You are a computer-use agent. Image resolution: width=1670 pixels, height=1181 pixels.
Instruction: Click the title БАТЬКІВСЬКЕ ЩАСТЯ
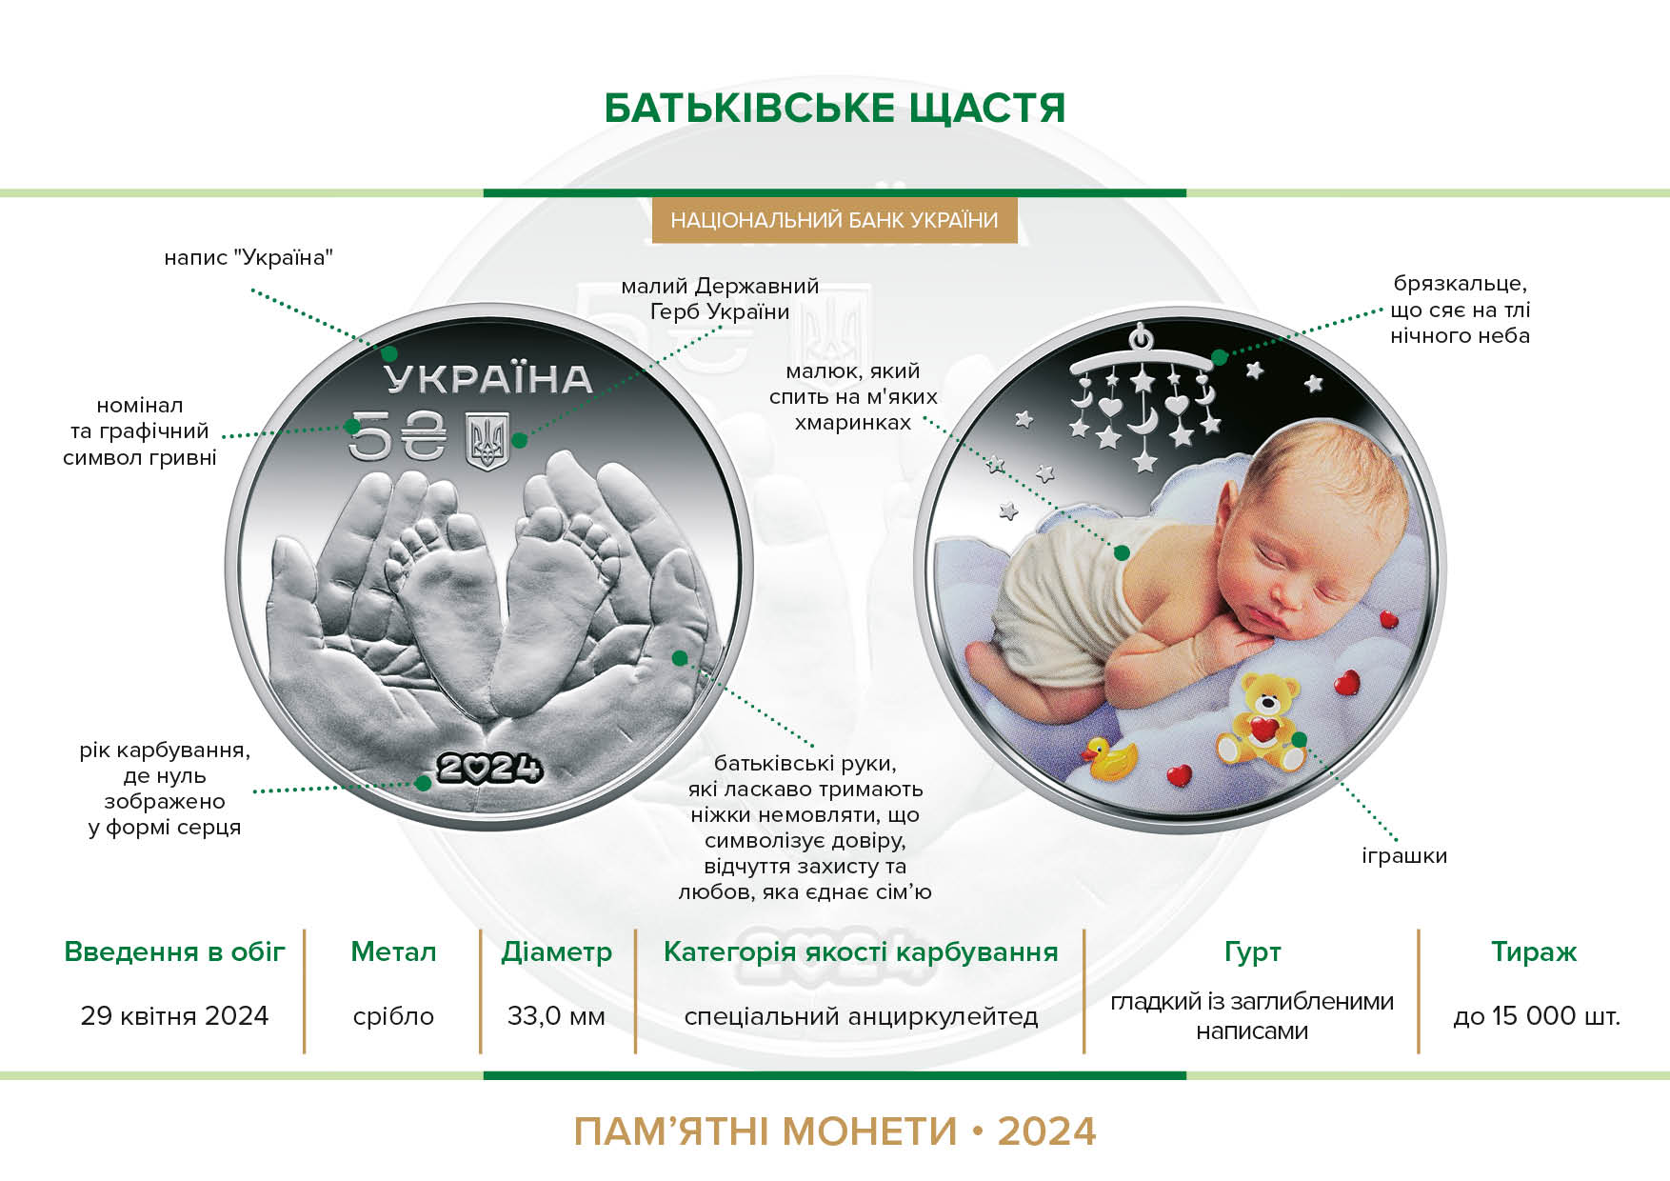tap(834, 109)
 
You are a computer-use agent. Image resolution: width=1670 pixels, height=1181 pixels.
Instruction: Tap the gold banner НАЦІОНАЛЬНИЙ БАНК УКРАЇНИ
tap(834, 220)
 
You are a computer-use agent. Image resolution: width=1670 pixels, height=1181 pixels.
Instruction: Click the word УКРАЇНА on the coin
tap(488, 379)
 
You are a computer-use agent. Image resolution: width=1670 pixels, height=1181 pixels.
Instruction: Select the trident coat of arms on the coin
tap(488, 441)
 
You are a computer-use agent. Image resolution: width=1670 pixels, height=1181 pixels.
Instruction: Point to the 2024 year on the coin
tap(489, 768)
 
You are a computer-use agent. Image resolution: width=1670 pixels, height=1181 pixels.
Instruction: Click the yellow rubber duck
tap(1109, 760)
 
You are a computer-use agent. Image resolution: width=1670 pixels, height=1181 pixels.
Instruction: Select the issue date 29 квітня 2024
tap(175, 1015)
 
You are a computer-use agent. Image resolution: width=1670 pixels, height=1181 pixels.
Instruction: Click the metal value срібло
tap(393, 1016)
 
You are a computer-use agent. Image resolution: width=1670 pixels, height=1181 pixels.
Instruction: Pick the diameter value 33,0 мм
tap(557, 1016)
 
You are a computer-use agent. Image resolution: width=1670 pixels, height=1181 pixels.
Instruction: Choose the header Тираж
tap(1534, 951)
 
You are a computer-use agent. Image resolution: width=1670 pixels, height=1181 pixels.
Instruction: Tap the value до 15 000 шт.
tap(1536, 1016)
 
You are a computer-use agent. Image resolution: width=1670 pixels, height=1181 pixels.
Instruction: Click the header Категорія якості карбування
tap(861, 952)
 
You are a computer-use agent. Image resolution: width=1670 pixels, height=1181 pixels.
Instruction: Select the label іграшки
tap(1404, 855)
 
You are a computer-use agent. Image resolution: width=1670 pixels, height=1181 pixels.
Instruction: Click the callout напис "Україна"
tap(249, 257)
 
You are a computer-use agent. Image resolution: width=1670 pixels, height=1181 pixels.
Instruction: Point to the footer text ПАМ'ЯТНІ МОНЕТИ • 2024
tap(835, 1131)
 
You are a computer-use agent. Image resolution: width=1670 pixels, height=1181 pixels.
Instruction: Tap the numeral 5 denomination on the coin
tap(369, 437)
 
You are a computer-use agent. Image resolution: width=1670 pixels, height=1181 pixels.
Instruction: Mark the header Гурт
tap(1252, 952)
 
